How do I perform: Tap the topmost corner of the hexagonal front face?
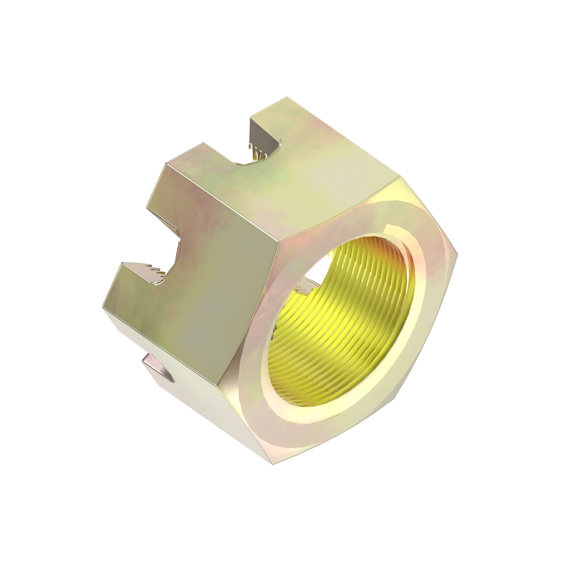click(399, 176)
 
